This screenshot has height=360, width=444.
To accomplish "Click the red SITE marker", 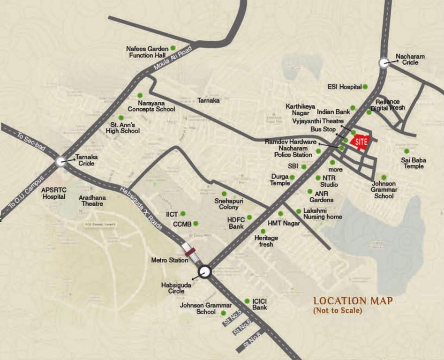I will (x=360, y=141).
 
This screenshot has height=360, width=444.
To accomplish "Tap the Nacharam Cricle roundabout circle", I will (x=384, y=64).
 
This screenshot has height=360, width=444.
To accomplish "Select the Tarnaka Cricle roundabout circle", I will (x=60, y=161).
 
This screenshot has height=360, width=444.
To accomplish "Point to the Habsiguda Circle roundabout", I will (x=204, y=271).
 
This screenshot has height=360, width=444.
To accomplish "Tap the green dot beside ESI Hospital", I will (x=365, y=87).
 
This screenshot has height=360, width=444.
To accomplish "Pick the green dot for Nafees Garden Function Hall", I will (x=173, y=48).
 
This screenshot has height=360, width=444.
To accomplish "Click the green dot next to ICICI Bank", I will (x=247, y=301).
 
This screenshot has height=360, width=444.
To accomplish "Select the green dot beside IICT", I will (x=183, y=214).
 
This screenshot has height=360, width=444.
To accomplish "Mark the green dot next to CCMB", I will (x=196, y=224).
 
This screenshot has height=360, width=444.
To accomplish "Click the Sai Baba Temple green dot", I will (x=406, y=151).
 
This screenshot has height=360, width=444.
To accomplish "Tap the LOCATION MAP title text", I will (x=353, y=301).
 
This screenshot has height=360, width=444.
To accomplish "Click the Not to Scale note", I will (x=338, y=310).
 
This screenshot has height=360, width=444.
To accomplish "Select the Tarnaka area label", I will (x=208, y=100).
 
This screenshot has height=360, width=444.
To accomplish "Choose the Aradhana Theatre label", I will (x=92, y=201).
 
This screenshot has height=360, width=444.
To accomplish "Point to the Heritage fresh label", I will (x=266, y=241).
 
